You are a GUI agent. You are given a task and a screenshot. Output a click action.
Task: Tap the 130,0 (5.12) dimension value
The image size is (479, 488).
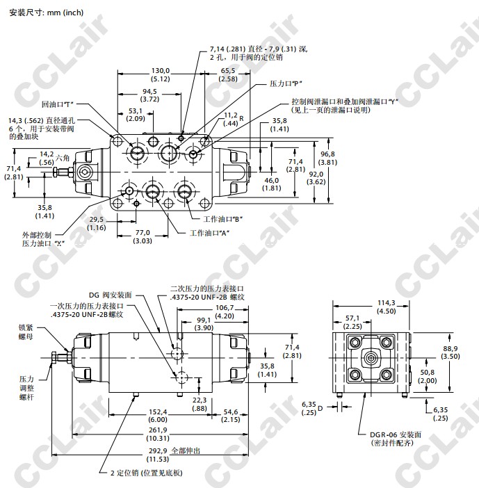coord(161,75)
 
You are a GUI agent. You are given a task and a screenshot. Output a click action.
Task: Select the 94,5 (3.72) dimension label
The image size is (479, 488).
coord(149,96)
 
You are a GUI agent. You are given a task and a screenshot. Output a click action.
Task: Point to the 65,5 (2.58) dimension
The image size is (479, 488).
coord(229,75)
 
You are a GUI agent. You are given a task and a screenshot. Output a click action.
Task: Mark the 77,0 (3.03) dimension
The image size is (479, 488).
coord(143,238)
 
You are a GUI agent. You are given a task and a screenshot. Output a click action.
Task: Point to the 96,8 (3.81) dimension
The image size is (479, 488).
coord(328,158)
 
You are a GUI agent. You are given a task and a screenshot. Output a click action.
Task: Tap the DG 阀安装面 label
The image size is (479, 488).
coord(110,295)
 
